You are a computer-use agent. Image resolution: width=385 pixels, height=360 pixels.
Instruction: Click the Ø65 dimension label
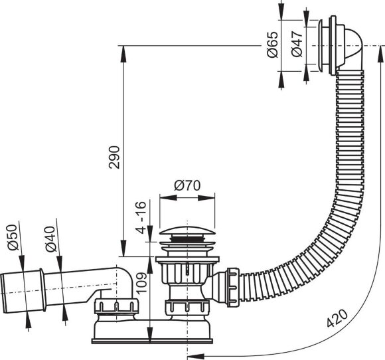pyautogui.click(x=273, y=45)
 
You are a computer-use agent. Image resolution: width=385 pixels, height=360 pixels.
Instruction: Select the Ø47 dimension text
pyautogui.click(x=297, y=44)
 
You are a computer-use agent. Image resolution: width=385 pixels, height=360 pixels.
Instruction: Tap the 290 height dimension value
pyautogui.click(x=114, y=157)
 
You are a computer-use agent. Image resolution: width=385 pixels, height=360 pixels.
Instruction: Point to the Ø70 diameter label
pyautogui.click(x=187, y=185)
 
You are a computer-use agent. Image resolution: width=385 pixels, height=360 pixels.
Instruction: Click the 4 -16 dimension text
pyautogui.click(x=141, y=217)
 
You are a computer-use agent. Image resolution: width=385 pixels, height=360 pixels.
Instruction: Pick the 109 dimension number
pyautogui.click(x=141, y=282)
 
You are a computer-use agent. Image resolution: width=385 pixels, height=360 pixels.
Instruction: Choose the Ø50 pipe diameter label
pyautogui.click(x=13, y=237)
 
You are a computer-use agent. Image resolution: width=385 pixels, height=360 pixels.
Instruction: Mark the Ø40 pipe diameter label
pyautogui.click(x=50, y=239)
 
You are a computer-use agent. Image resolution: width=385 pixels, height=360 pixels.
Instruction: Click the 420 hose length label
pyautogui.click(x=337, y=318)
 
